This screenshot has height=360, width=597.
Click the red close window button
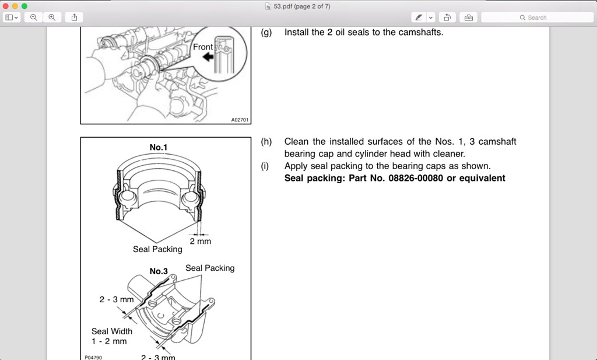pyautogui.click(x=6, y=6)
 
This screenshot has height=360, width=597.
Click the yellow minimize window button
pyautogui.click(x=15, y=6)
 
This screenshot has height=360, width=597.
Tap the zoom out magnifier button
pyautogui.click(x=34, y=18)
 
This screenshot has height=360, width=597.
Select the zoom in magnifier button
pyautogui.click(x=52, y=18)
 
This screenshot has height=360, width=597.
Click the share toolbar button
pyautogui.click(x=74, y=18)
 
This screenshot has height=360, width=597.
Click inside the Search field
pyautogui.click(x=536, y=18)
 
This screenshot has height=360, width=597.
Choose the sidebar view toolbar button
pyautogui.click(x=12, y=18)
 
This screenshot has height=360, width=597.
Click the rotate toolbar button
pyautogui.click(x=447, y=18)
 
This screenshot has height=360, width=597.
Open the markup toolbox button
pyautogui.click(x=468, y=18)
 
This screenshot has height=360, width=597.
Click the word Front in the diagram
pyautogui.click(x=202, y=47)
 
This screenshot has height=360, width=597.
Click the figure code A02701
pyautogui.click(x=240, y=120)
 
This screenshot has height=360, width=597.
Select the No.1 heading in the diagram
pyautogui.click(x=158, y=148)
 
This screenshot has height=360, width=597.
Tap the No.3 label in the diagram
pyautogui.click(x=159, y=271)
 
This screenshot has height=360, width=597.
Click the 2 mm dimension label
pyautogui.click(x=200, y=241)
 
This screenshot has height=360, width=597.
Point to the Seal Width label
pyautogui.click(x=111, y=331)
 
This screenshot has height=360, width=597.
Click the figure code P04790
pyautogui.click(x=93, y=357)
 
